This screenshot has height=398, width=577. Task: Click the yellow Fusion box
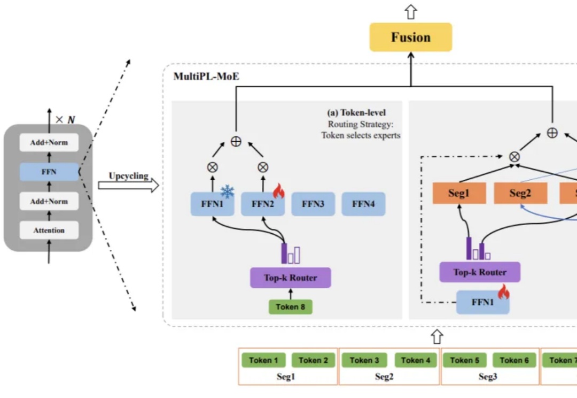(410, 37)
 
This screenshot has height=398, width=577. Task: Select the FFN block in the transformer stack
(49, 172)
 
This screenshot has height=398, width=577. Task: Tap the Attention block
(49, 230)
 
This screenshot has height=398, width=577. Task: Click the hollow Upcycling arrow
(128, 186)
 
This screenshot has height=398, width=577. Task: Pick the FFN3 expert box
(313, 204)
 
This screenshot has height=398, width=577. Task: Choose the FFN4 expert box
(363, 204)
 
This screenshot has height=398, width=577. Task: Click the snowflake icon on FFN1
(228, 191)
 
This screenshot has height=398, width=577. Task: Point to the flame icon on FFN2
(279, 190)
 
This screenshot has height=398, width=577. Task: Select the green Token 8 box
(291, 307)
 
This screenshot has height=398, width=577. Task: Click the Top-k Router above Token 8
(291, 278)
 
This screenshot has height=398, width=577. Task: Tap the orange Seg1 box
(459, 193)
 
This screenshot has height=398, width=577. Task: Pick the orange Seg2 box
(520, 193)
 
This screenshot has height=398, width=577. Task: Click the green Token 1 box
(263, 360)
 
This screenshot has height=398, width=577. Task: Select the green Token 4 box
(416, 360)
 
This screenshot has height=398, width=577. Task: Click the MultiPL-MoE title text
(206, 76)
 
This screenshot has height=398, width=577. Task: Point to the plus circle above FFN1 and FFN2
(236, 141)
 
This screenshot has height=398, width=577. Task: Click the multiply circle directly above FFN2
(263, 167)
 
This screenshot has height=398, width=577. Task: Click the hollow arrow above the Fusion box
(410, 12)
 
